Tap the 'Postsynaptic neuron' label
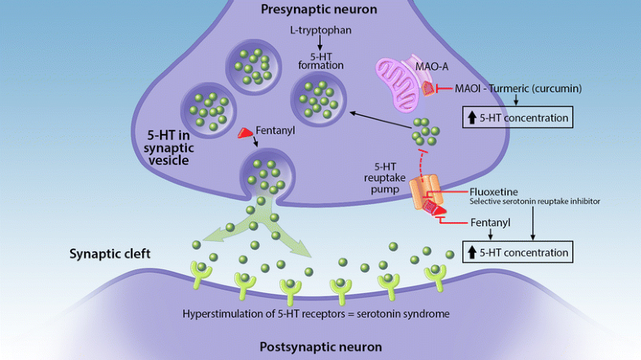point(320,346)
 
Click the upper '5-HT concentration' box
point(516,118)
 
